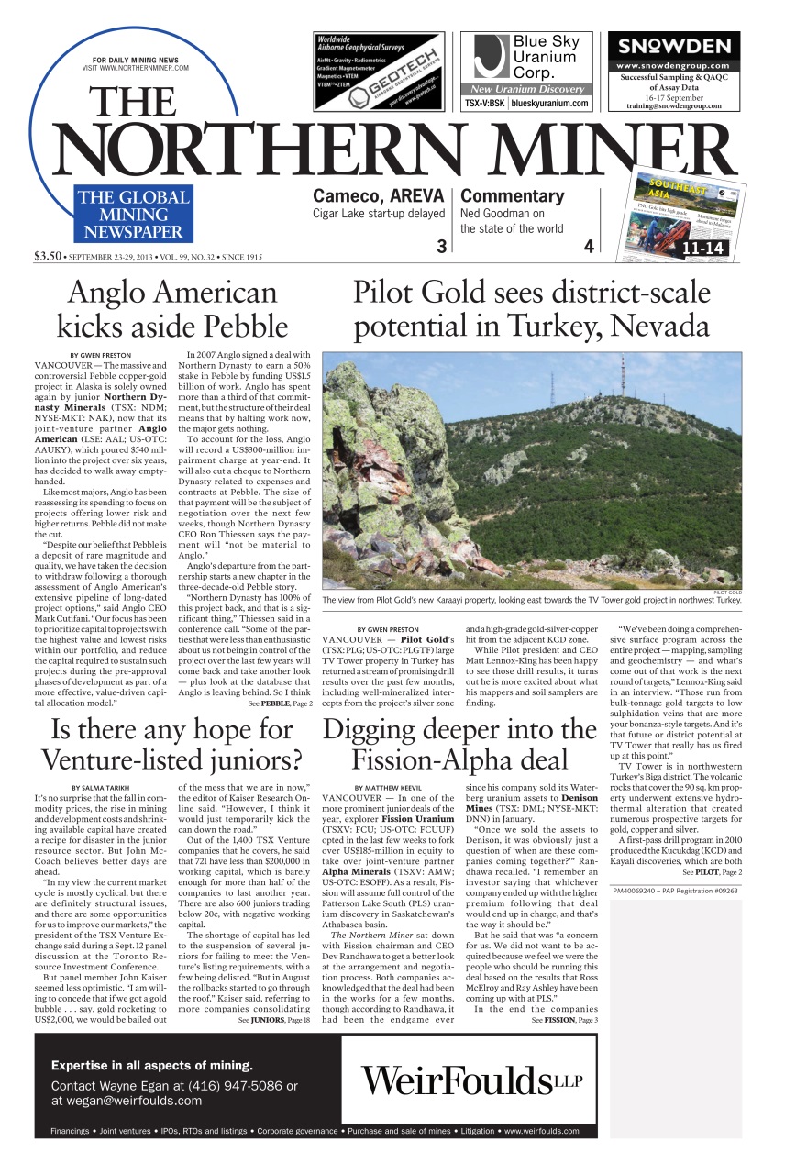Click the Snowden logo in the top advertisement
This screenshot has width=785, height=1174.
coord(673,47)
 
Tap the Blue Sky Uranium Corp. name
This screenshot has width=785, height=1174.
coord(546,57)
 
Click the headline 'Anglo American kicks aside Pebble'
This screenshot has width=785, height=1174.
coord(172,308)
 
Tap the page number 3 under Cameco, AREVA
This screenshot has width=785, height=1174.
coord(441,246)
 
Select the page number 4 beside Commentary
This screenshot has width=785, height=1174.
coord(589,246)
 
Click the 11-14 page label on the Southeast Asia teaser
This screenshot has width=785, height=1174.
coord(702,248)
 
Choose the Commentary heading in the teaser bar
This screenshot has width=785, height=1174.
coord(512,195)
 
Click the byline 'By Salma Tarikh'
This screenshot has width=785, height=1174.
coord(103,788)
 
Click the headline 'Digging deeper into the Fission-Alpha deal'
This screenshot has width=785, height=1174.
coord(459,744)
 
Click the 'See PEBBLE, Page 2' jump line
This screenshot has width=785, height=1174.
coord(280,703)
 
